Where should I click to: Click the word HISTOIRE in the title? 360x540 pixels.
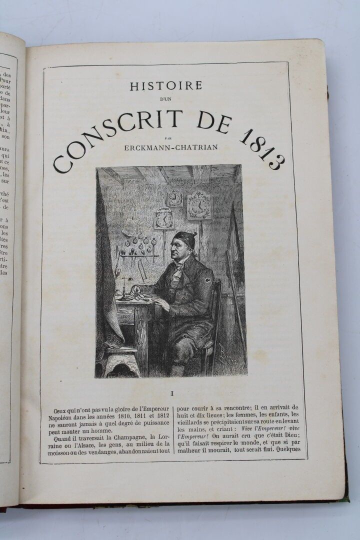click(166, 86)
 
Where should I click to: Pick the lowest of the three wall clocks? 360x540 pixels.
click(163, 218)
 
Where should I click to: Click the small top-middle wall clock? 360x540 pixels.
click(175, 197)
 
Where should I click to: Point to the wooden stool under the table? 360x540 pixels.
click(121, 357)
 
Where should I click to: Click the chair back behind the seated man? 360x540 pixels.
click(216, 305)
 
